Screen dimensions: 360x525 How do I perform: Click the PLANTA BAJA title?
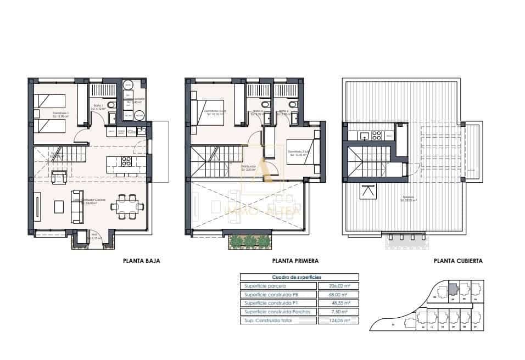[141, 261]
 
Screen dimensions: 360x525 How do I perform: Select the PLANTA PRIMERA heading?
[295, 261]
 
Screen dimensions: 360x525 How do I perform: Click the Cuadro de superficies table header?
[299, 278]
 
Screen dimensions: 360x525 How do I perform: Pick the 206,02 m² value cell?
[338, 286]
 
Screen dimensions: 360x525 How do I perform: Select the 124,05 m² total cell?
[338, 320]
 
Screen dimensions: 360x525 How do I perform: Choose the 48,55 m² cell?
[338, 303]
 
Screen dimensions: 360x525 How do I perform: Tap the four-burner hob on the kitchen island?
[126, 161]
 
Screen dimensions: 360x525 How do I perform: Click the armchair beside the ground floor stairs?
[59, 176]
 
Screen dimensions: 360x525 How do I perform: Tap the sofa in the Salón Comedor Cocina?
[77, 207]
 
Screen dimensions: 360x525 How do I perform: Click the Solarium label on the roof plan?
[407, 198]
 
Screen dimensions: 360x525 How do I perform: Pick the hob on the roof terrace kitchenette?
[377, 134]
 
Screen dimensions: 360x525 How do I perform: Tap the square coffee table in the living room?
[59, 206]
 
